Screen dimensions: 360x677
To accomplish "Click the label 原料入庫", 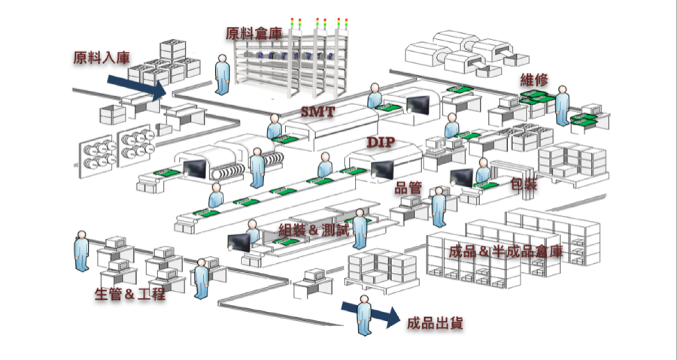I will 102,58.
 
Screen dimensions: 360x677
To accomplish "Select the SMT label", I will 318,113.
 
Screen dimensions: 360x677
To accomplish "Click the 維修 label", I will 534,80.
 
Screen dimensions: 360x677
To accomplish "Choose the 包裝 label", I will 524,184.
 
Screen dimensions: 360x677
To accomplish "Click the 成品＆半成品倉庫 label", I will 505,252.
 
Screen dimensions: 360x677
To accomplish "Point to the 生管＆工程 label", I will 130,294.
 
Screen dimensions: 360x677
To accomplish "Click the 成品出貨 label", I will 435,324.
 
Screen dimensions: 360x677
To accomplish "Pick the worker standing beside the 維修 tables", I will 562,106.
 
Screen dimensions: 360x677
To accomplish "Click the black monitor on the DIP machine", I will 382,169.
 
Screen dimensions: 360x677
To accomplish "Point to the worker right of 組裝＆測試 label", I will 360,228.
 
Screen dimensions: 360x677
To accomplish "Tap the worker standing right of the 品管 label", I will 438,207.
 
